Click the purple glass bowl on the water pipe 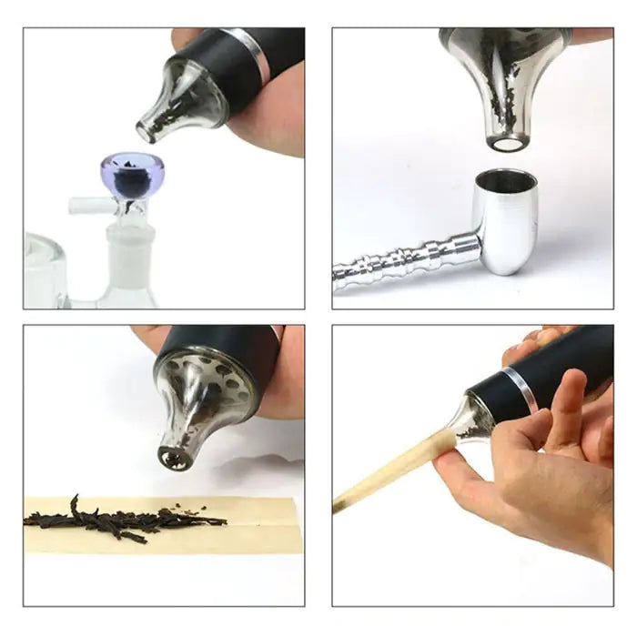(133, 175)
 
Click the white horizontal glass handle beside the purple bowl (91, 206)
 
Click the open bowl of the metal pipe (506, 182)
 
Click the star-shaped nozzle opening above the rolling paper (173, 457)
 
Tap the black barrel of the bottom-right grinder (564, 365)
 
